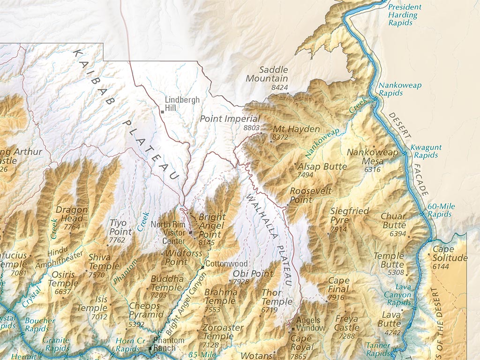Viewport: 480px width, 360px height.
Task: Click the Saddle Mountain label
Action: (267, 74)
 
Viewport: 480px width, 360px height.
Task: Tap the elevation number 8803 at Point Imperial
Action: (252, 127)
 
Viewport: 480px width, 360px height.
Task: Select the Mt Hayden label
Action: (296, 129)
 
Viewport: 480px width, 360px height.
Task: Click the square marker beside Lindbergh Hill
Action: (162, 112)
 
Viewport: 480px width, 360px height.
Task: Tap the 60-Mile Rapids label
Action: (441, 210)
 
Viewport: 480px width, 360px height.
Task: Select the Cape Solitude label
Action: (450, 254)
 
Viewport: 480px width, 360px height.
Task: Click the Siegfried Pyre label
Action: (349, 216)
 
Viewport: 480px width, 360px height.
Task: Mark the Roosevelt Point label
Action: (310, 195)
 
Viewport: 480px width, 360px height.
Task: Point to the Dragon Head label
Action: (72, 214)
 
